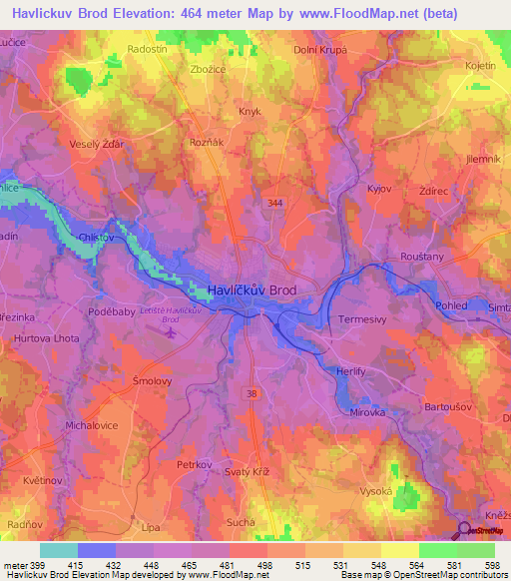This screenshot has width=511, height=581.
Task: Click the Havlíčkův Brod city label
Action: coord(252,290)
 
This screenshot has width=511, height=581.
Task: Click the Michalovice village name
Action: coord(92,425)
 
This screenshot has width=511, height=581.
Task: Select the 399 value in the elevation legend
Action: coord(38,564)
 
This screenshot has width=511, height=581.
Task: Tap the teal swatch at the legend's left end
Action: coord(58,550)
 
